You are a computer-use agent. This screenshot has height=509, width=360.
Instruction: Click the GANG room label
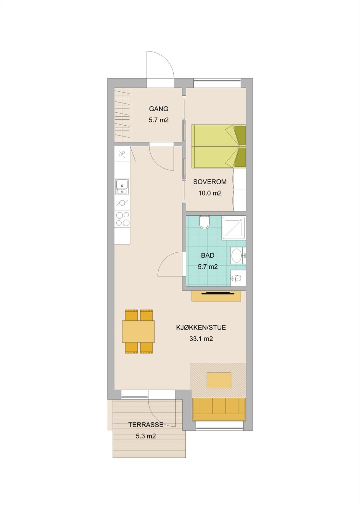[158, 109]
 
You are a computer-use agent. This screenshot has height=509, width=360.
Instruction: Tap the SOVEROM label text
[210, 182]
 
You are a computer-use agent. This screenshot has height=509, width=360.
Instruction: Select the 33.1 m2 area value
[201, 339]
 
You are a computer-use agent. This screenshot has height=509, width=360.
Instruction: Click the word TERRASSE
[146, 425]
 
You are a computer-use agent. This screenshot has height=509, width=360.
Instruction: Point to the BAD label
[208, 255]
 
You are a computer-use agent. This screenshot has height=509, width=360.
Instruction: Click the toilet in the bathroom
[204, 222]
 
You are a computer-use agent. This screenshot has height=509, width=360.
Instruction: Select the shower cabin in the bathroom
[233, 228]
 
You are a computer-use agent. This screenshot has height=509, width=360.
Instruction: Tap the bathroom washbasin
[236, 255]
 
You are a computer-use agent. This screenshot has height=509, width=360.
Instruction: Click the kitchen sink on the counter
[122, 187]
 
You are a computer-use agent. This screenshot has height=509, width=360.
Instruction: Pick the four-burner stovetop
[122, 219]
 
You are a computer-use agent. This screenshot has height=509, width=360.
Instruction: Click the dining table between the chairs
[138, 331]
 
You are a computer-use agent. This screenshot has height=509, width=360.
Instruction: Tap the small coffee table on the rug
[219, 380]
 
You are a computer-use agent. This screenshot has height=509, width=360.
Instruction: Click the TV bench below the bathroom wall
[216, 296]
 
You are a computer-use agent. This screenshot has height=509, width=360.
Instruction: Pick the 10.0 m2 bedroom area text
[210, 193]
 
